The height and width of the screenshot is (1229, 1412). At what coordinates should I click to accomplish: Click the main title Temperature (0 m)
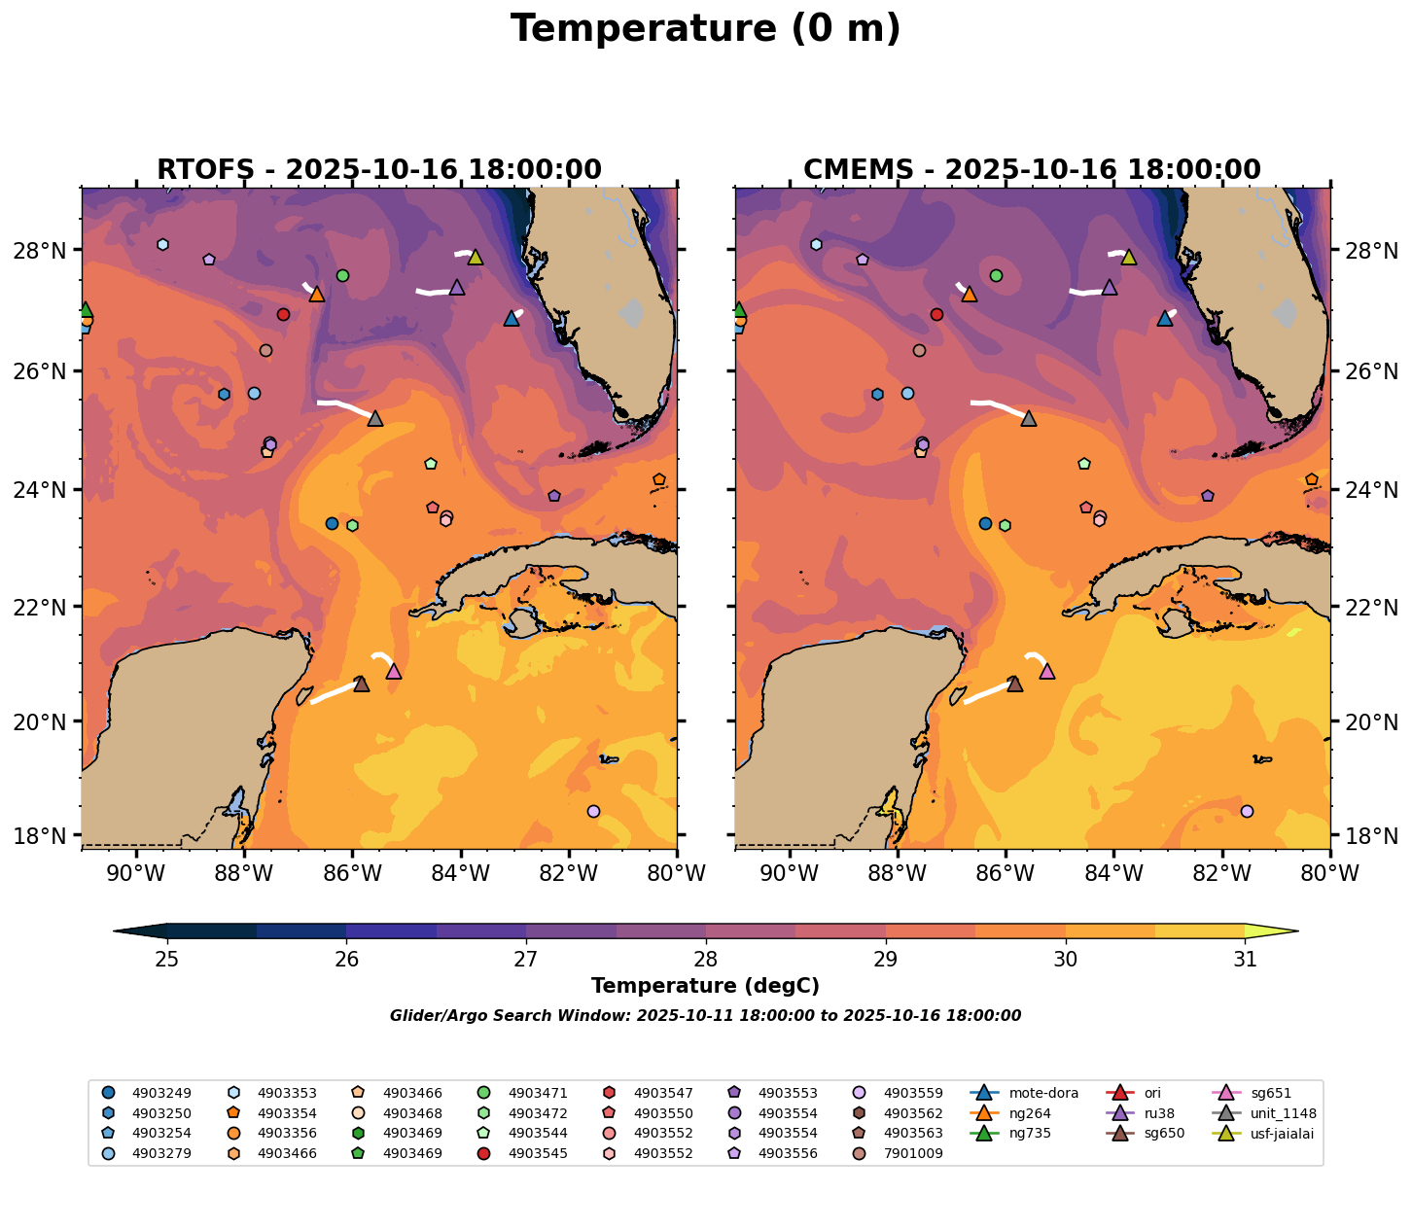tap(705, 29)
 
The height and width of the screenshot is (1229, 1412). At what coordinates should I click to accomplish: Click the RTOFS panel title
tap(379, 170)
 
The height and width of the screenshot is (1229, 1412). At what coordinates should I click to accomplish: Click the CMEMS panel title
tap(1032, 170)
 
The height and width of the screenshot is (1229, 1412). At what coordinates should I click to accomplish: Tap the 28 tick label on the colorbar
tap(706, 960)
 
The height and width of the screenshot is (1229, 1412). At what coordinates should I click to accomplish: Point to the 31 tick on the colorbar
tap(1245, 960)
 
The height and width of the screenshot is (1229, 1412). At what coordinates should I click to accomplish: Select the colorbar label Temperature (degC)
tap(705, 986)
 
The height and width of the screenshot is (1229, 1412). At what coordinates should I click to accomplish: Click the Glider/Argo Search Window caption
tap(705, 1016)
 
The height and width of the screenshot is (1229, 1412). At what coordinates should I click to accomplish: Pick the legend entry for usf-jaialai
tap(1268, 1133)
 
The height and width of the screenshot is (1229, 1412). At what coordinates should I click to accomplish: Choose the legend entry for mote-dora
tap(1016, 1093)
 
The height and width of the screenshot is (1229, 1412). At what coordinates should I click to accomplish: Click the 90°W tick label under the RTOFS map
tap(134, 874)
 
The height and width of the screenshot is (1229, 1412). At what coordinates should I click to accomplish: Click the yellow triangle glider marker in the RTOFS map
tap(475, 258)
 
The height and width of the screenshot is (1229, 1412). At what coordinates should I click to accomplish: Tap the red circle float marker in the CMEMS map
tap(936, 314)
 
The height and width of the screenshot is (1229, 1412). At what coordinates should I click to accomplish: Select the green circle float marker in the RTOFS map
tap(342, 275)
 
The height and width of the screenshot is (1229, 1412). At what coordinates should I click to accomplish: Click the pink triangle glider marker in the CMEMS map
tap(1047, 671)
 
